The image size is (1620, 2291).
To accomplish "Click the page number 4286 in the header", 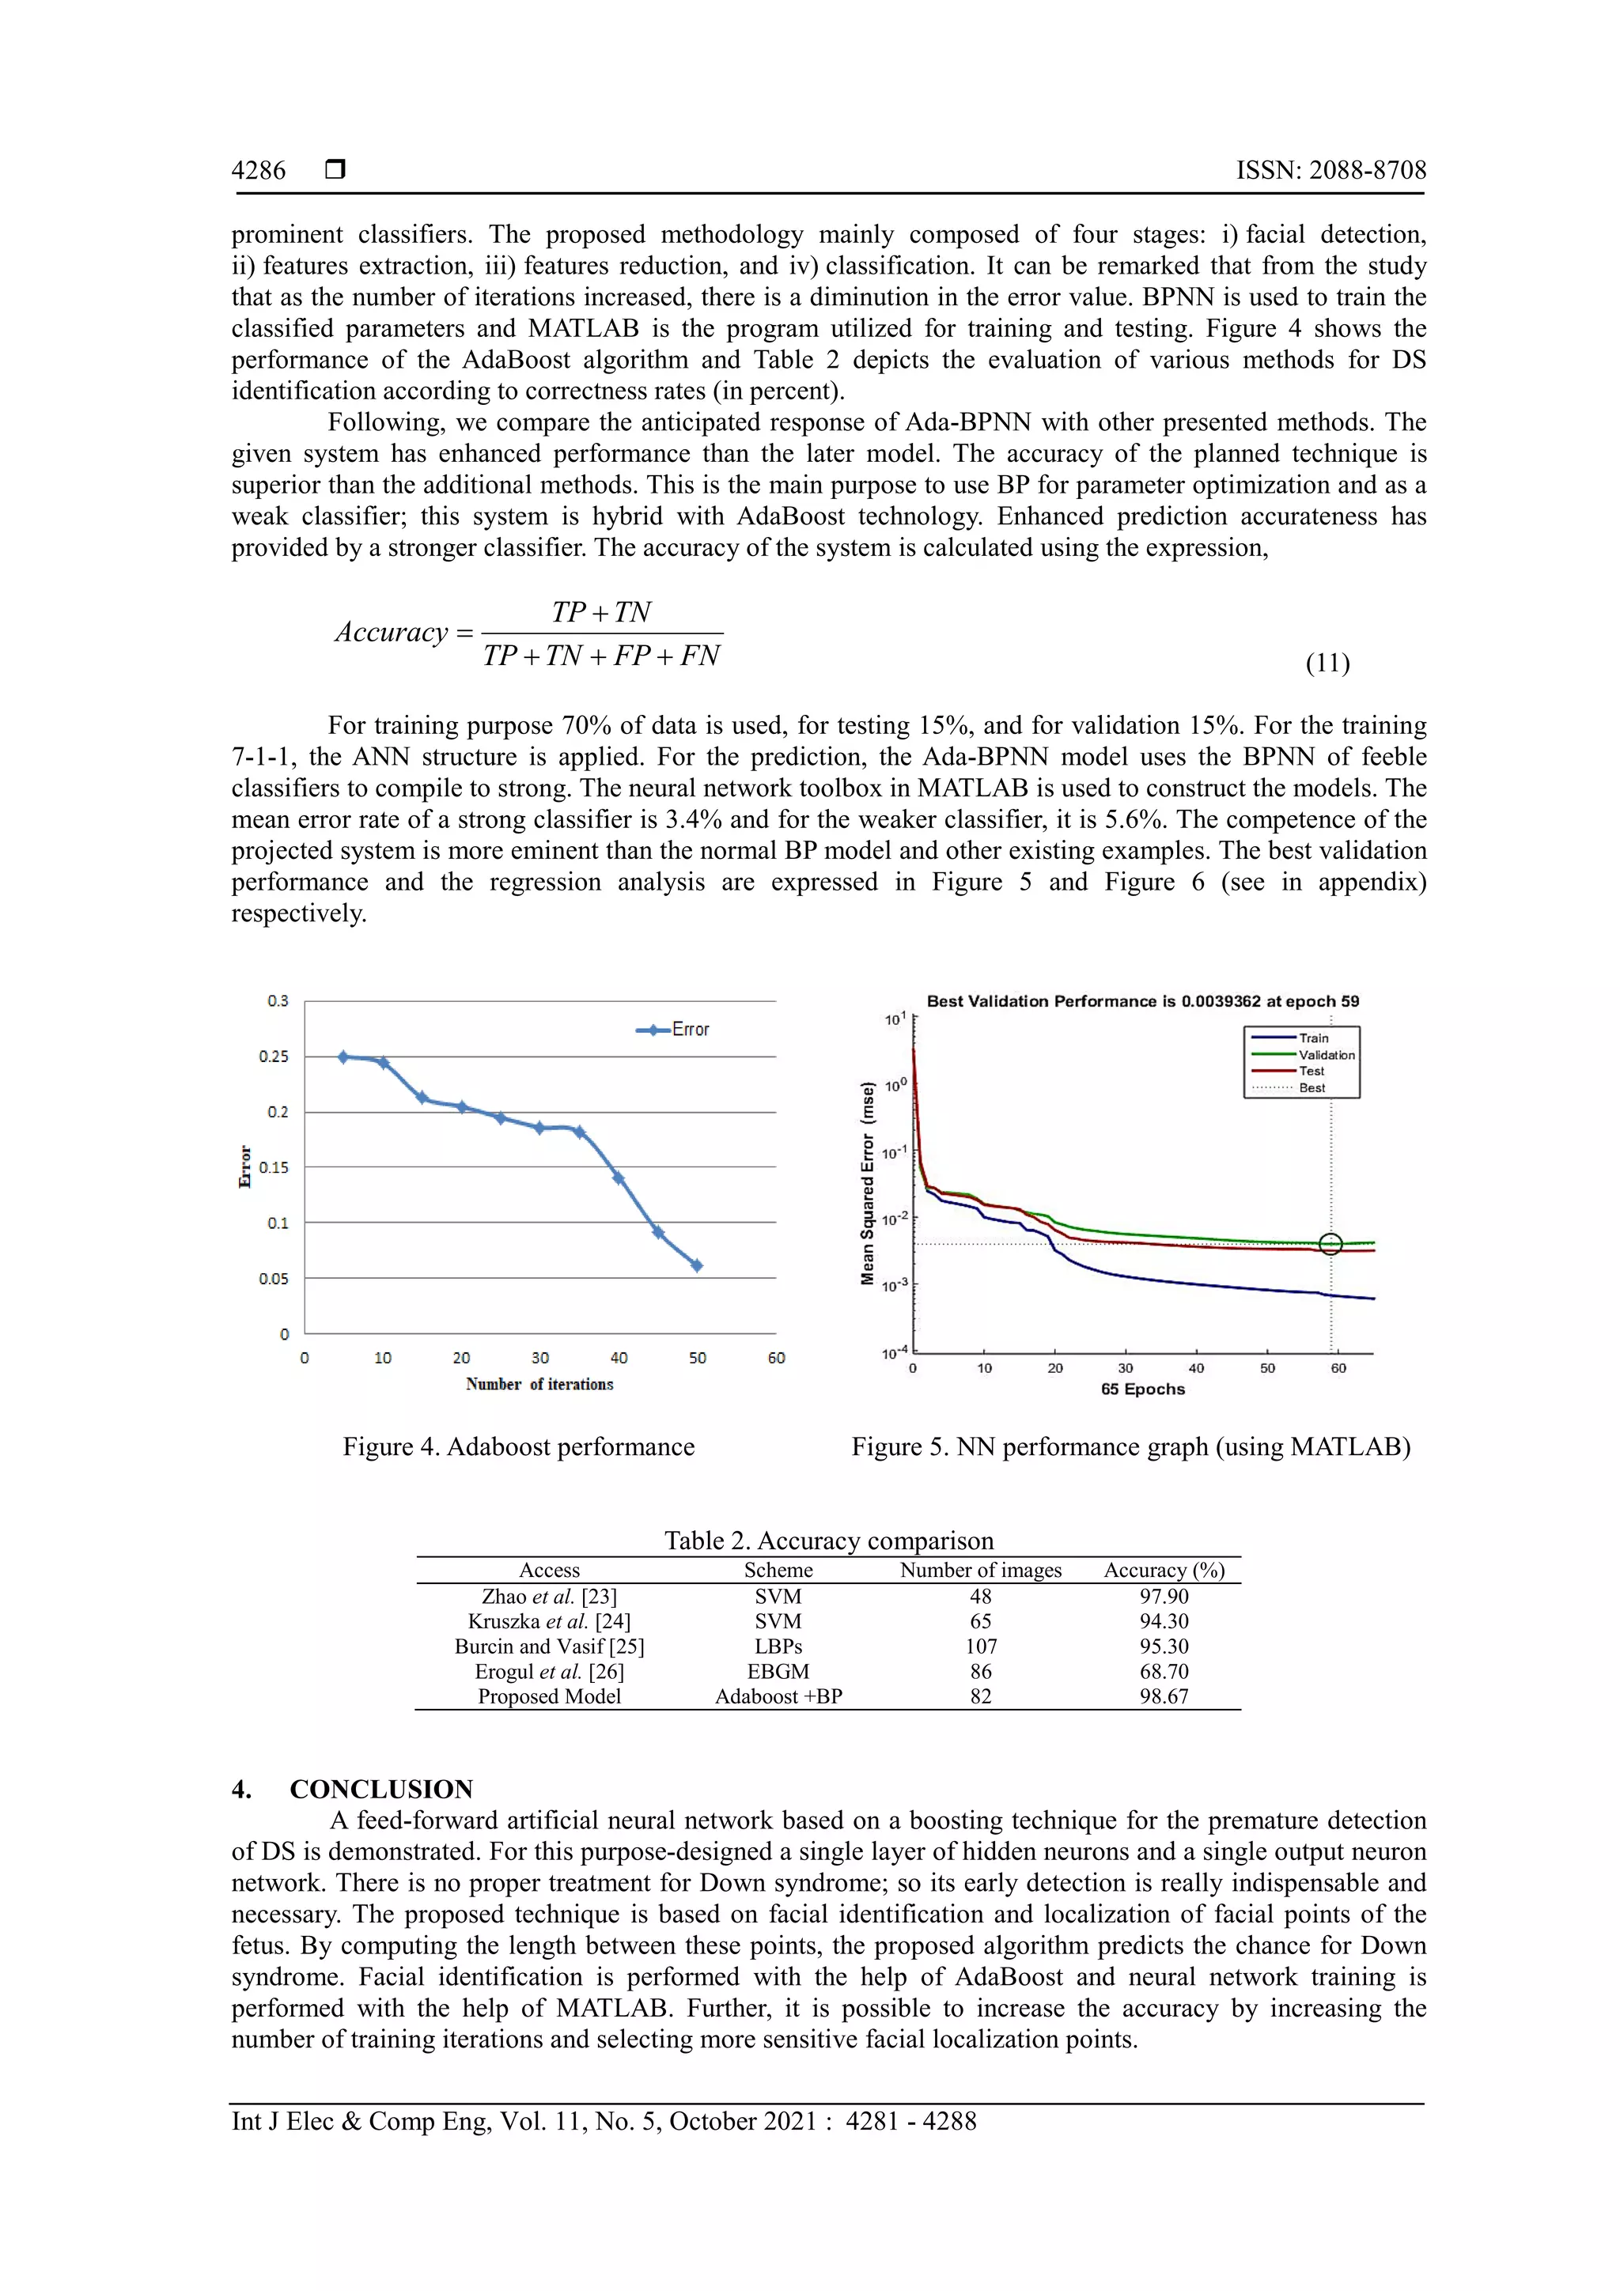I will click(x=259, y=171).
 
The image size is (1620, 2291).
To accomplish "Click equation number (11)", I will click(x=1327, y=663).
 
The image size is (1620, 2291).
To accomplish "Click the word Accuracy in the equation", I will click(x=392, y=633).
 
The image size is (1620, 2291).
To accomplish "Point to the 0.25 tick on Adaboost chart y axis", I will click(x=274, y=1057).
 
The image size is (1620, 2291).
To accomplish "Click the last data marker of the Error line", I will click(x=697, y=1265).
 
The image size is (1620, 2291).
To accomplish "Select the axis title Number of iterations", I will click(x=539, y=1384).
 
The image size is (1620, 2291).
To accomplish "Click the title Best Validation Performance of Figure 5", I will click(x=1142, y=1001).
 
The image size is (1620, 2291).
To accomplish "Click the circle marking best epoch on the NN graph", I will click(x=1330, y=1243).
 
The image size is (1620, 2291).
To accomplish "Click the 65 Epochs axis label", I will click(x=1142, y=1389).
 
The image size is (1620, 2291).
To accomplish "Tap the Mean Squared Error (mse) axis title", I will click(x=868, y=1183).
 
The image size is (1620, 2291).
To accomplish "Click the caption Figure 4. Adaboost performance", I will click(x=518, y=1447).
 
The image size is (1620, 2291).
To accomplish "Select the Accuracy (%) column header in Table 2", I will click(x=1163, y=1571).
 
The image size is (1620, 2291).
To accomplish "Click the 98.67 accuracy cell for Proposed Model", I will click(x=1163, y=1696).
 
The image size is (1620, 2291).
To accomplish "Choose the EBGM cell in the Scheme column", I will click(x=778, y=1671).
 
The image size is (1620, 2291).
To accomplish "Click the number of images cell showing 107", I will click(x=980, y=1646).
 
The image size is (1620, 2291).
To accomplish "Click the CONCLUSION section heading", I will click(x=380, y=1789).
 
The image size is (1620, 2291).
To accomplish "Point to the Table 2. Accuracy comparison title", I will click(x=828, y=1541).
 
